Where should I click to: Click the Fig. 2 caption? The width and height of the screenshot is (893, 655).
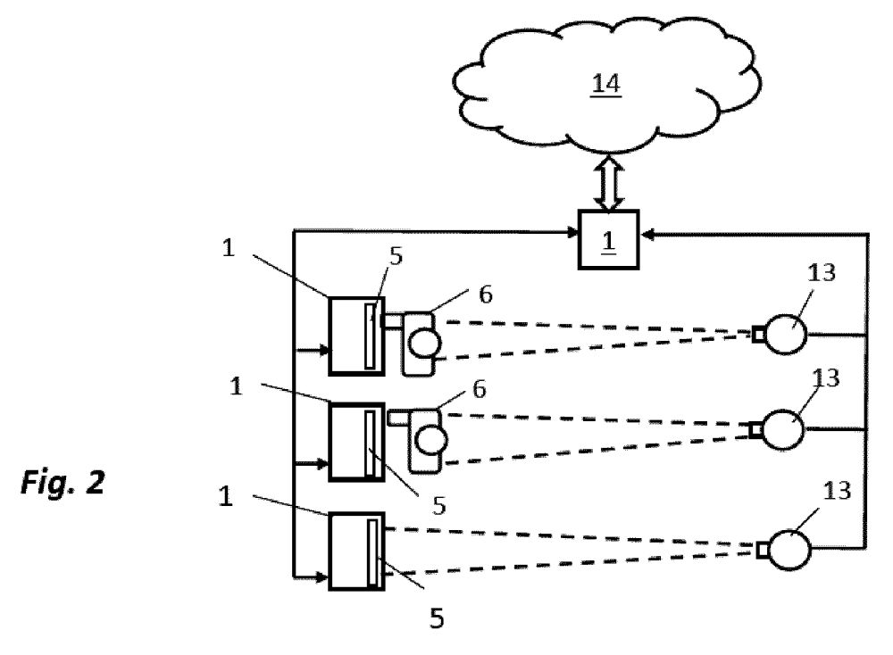pos(63,483)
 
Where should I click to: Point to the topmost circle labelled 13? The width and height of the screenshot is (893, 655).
pos(786,335)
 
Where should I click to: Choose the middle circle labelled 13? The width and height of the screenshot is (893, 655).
pos(783,429)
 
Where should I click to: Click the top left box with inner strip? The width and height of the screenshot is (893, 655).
pos(355,335)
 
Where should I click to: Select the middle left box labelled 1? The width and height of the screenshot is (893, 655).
pos(356,442)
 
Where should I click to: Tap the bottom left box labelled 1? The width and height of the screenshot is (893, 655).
pos(356,551)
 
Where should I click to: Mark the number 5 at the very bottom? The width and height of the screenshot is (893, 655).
pos(437,618)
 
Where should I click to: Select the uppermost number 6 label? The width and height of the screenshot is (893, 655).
pos(485,294)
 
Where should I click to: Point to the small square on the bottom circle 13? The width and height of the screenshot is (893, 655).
pos(762,549)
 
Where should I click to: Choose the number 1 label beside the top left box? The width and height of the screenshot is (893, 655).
pos(229,249)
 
